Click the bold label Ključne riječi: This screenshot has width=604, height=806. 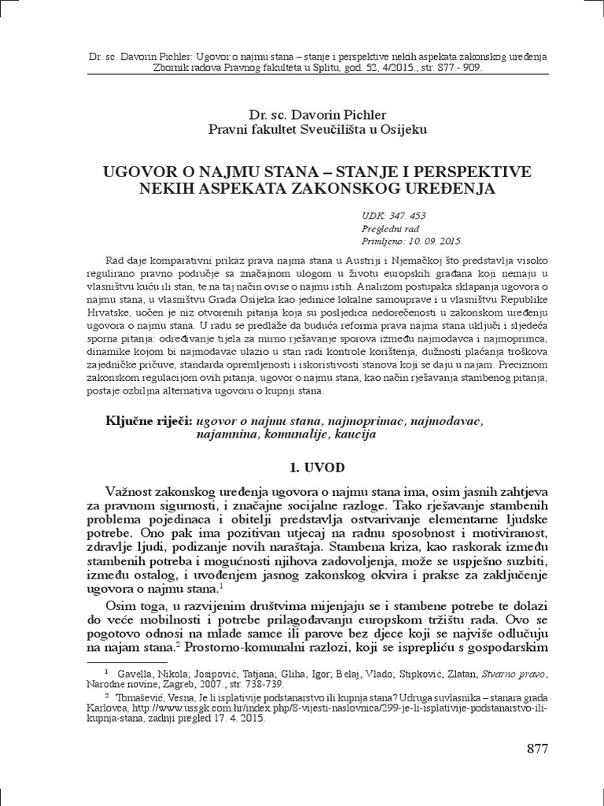coord(139,422)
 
